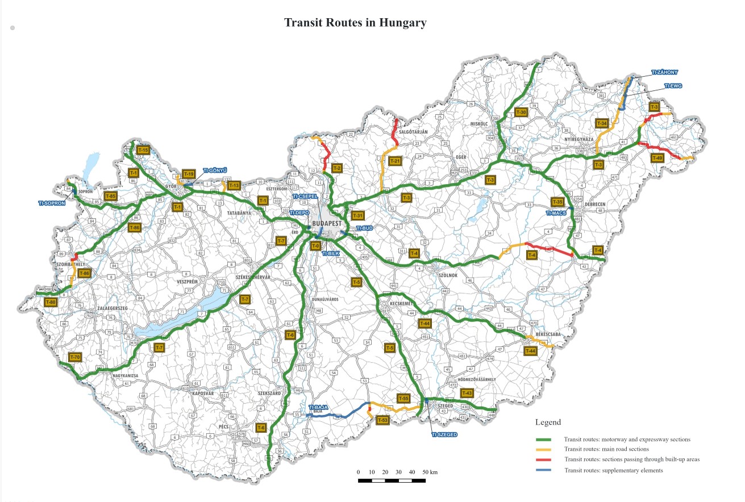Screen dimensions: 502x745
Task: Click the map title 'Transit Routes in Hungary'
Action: (355, 23)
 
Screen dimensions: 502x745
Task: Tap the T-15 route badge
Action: (143, 150)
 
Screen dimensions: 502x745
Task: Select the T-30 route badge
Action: (521, 113)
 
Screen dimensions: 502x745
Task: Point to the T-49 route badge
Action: (657, 157)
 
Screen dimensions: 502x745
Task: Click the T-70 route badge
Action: (75, 357)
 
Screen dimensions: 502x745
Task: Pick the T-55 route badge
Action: (403, 399)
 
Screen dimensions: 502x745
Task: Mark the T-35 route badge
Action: (557, 202)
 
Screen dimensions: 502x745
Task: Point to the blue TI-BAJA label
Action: (319, 408)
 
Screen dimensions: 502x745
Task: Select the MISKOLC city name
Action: (480, 123)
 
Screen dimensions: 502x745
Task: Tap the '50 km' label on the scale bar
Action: (430, 472)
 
